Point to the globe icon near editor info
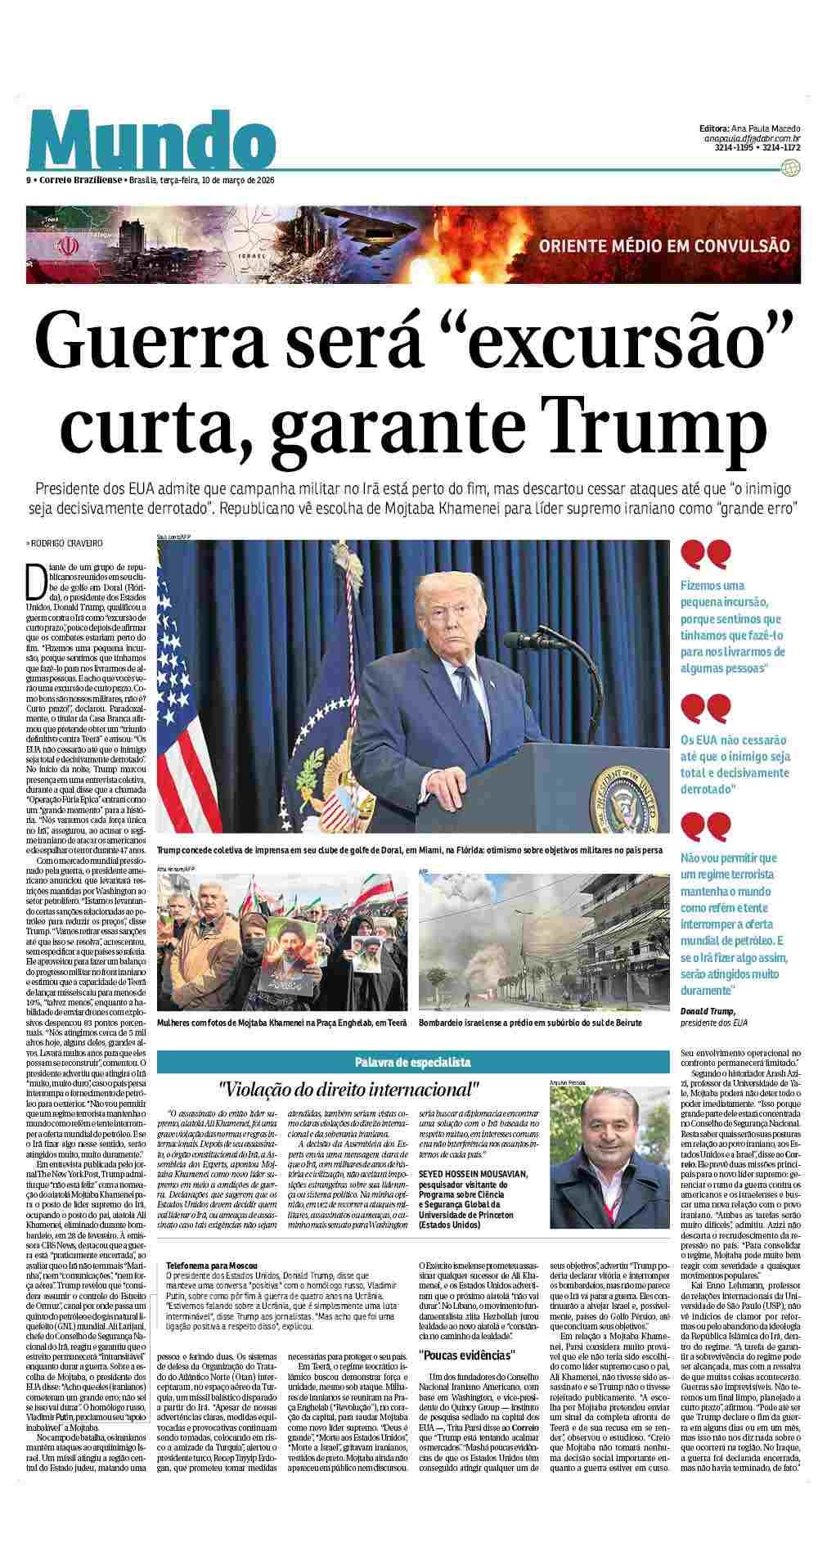pos(790,169)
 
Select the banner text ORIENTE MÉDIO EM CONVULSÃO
pos(663,245)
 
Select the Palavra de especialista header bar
pos(412,1061)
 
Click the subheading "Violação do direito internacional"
pos(348,1089)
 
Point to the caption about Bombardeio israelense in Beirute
pos(529,1023)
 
